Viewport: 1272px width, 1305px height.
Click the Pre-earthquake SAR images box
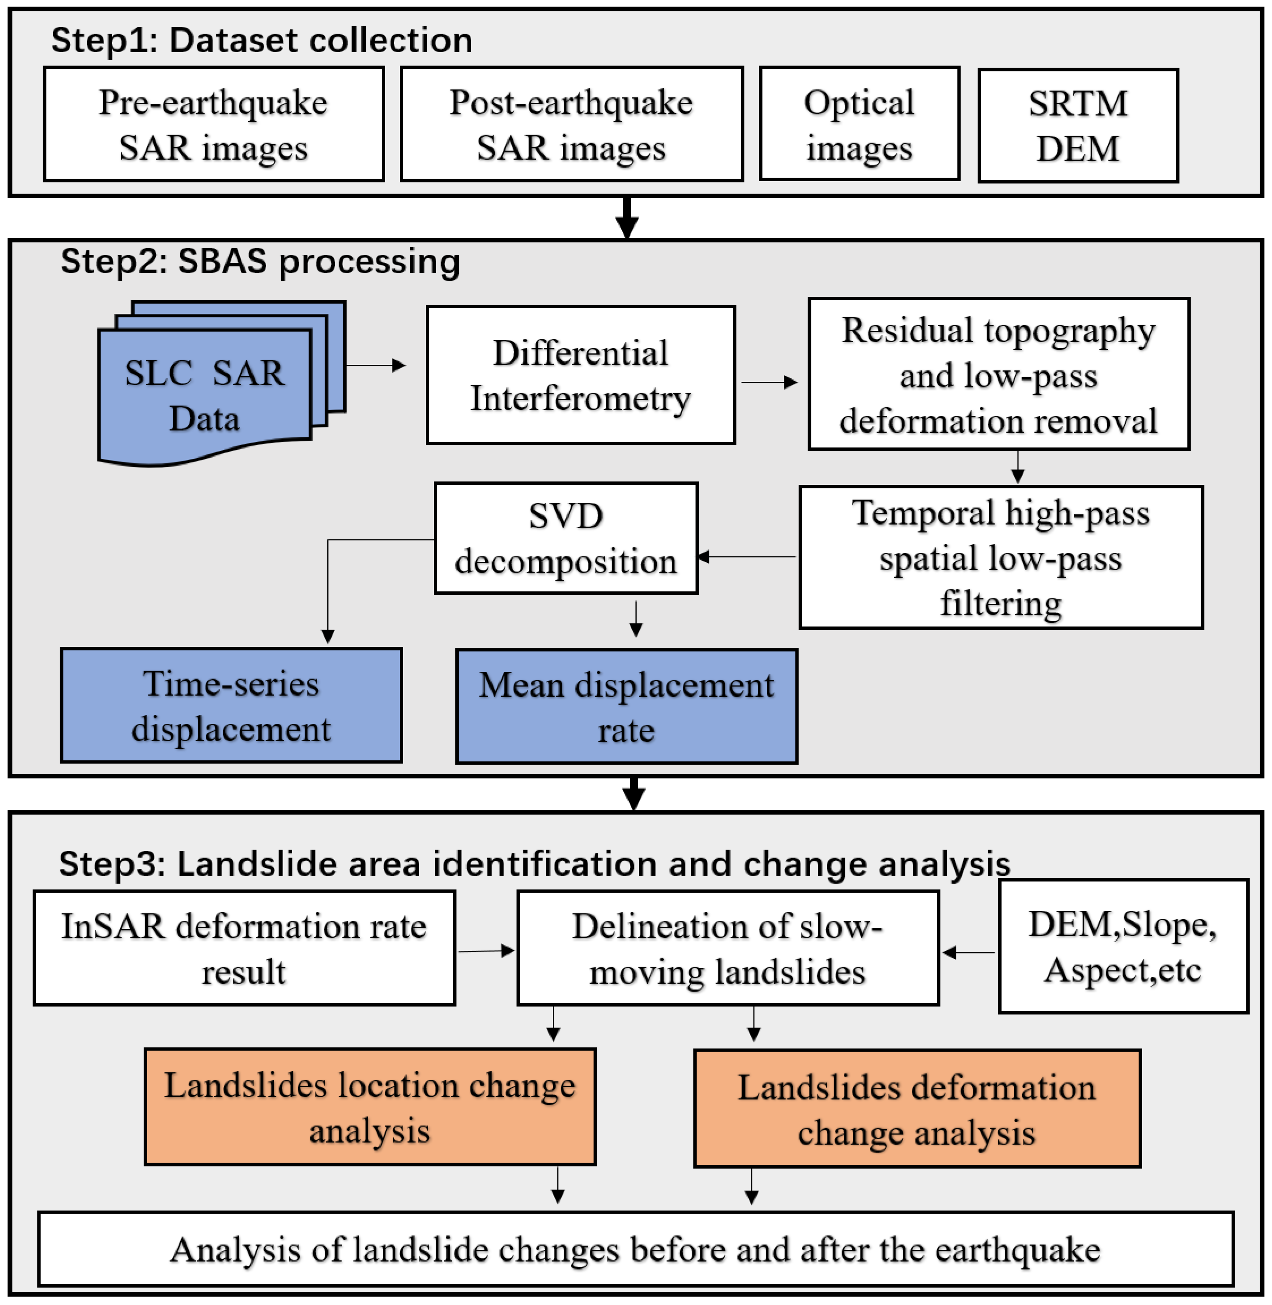pyautogui.click(x=214, y=124)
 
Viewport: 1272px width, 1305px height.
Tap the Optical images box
pyautogui.click(x=859, y=124)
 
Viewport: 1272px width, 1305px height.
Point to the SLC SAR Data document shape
pyautogui.click(x=204, y=394)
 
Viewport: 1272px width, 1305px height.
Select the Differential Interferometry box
pyautogui.click(x=581, y=375)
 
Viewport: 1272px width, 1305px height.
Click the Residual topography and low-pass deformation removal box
pyautogui.click(x=998, y=374)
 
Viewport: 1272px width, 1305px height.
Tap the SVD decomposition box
pyautogui.click(x=566, y=538)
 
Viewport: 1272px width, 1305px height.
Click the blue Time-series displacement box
pyautogui.click(x=231, y=706)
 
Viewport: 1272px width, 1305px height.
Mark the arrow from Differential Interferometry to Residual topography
pyautogui.click(x=769, y=382)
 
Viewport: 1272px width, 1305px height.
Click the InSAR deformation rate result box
pyautogui.click(x=245, y=948)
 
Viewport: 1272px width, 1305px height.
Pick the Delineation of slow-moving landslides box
pyautogui.click(x=728, y=948)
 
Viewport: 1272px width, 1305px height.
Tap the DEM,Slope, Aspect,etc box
pyautogui.click(x=1123, y=946)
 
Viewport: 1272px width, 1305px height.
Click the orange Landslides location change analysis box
pyautogui.click(x=370, y=1107)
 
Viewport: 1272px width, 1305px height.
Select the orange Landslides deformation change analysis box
pyautogui.click(x=917, y=1109)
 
